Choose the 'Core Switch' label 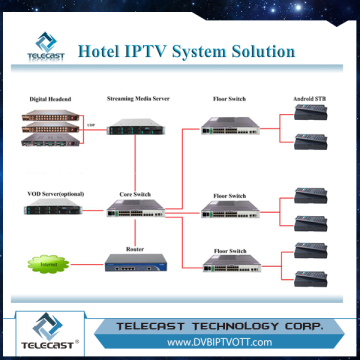[x=138, y=190]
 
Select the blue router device [x=138, y=263]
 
